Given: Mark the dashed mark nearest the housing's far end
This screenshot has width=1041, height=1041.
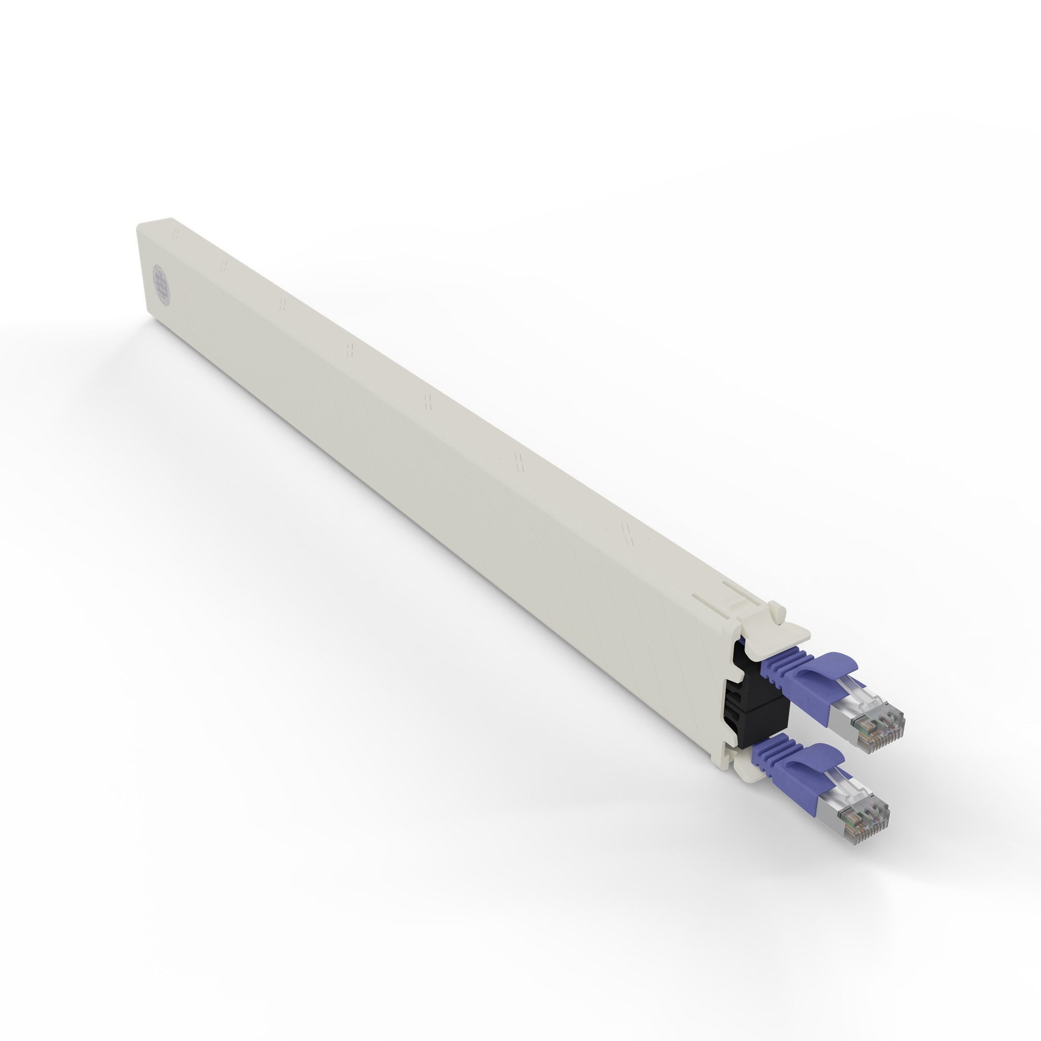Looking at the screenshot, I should click(x=174, y=235).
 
